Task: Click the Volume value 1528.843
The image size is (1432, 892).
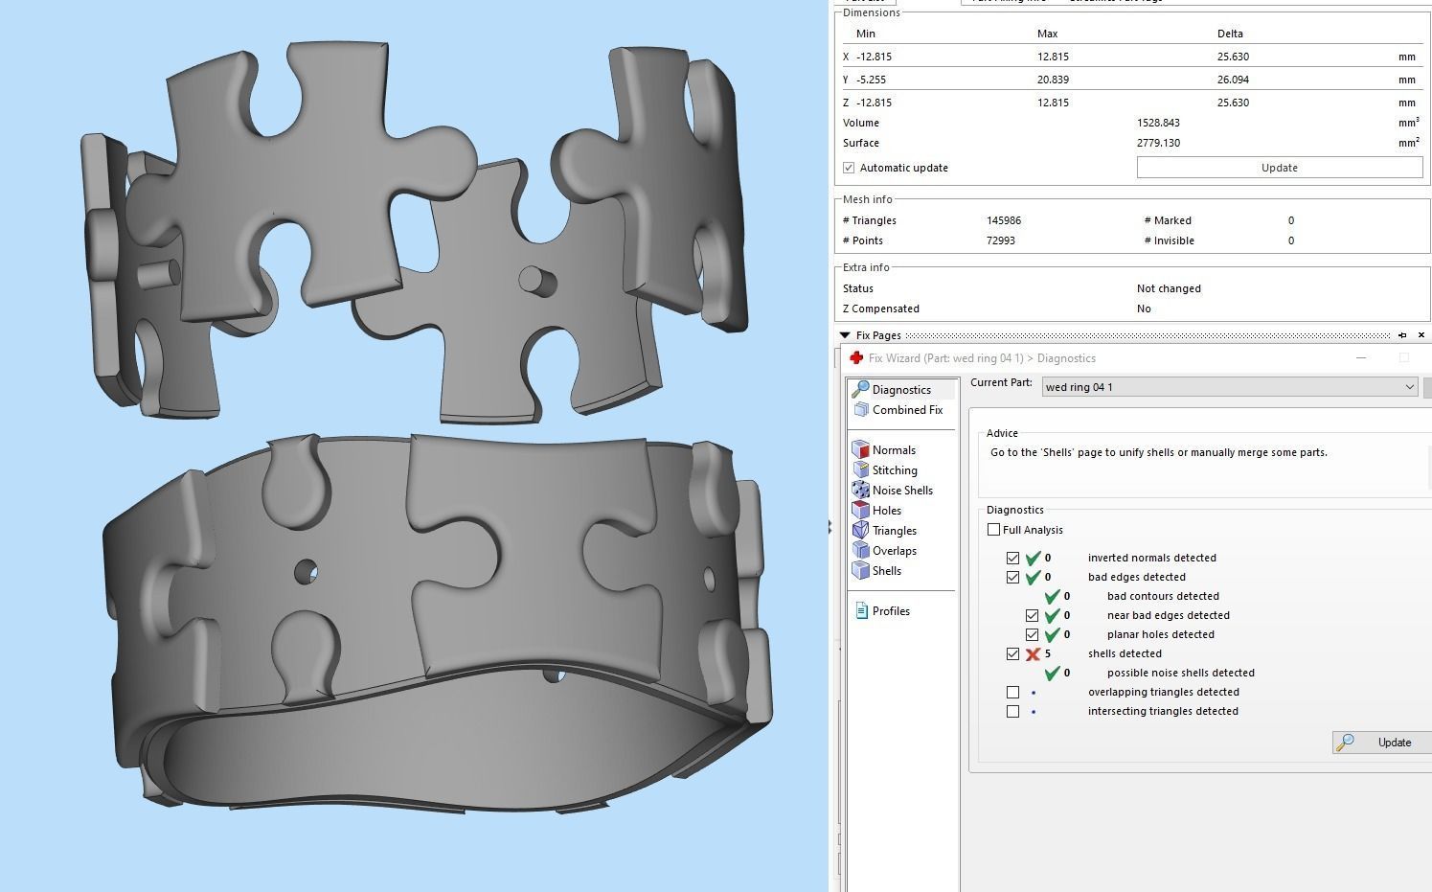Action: (x=1158, y=123)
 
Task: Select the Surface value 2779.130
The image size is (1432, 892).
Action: (x=1158, y=143)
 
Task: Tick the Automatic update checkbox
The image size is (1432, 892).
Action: (x=849, y=168)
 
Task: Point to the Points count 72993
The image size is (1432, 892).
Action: (x=1001, y=240)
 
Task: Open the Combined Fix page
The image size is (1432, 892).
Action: (x=906, y=410)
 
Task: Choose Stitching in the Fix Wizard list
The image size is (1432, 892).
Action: (x=894, y=470)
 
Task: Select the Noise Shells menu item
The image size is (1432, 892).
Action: (x=901, y=491)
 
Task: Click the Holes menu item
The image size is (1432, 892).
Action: (x=886, y=511)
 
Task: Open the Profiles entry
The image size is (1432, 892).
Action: (x=890, y=611)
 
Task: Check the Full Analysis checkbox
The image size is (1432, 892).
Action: (x=993, y=530)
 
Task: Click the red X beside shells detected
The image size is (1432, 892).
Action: (x=1033, y=654)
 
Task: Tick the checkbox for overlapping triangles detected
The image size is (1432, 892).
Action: (x=1012, y=692)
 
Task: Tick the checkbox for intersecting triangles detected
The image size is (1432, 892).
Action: (x=1012, y=711)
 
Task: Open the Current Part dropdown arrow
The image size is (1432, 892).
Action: (x=1409, y=387)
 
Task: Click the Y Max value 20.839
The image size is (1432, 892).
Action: (x=1053, y=80)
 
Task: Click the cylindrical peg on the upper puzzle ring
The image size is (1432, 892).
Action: (x=536, y=280)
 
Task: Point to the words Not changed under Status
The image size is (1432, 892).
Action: (x=1168, y=288)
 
